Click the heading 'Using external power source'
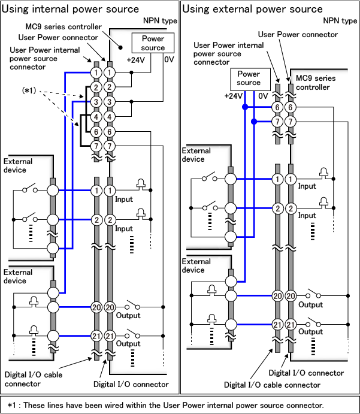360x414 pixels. click(x=252, y=9)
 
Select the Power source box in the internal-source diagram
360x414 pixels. click(x=153, y=43)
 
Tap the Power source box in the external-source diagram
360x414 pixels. click(x=249, y=78)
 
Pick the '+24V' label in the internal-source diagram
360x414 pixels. click(x=136, y=61)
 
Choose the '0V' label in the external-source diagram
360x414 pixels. click(x=263, y=96)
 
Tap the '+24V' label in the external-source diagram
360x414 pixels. click(x=234, y=96)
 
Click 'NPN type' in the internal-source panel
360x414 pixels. click(x=160, y=20)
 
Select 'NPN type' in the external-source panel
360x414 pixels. click(x=340, y=20)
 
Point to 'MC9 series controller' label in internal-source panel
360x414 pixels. click(x=63, y=28)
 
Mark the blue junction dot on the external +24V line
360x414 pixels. click(x=244, y=107)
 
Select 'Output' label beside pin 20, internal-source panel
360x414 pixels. click(x=128, y=317)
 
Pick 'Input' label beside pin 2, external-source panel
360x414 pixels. click(x=307, y=216)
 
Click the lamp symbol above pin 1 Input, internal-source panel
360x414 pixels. click(x=141, y=183)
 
